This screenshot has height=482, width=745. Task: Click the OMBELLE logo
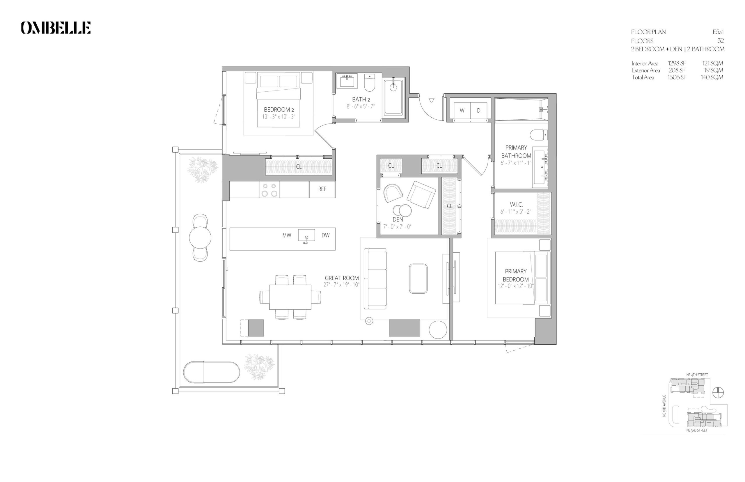(56, 28)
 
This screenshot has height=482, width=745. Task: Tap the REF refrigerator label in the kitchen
(322, 189)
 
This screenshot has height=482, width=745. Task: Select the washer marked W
(462, 111)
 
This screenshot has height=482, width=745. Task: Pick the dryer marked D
(478, 111)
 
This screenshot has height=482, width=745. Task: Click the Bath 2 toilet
(370, 82)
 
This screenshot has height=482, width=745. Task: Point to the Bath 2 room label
(361, 99)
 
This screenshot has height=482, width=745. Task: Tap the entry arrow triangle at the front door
(432, 100)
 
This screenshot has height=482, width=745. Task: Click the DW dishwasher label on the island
(325, 235)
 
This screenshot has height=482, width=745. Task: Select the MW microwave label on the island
(287, 235)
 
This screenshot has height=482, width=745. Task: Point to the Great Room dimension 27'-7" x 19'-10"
(341, 285)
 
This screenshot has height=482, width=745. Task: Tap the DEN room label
(398, 220)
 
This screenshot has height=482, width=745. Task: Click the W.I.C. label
(516, 204)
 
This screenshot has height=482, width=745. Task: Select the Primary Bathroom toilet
(538, 135)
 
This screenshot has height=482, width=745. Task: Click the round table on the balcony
(200, 238)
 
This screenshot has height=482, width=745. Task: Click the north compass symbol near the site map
(718, 392)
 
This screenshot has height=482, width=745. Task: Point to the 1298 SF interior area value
(677, 63)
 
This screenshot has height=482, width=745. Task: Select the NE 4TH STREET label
(697, 375)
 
